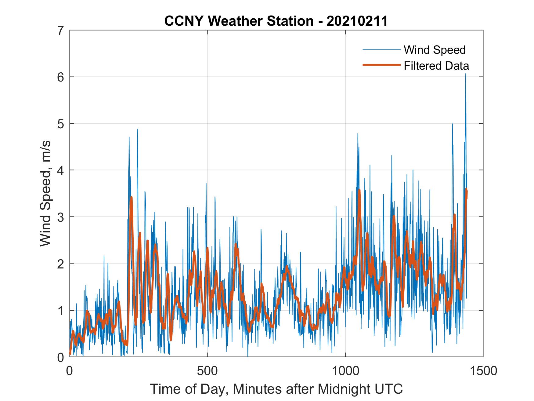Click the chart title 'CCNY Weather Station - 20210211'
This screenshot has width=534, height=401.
(x=276, y=21)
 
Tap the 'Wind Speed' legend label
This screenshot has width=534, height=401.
(x=435, y=50)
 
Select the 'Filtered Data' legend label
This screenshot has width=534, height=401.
(x=436, y=66)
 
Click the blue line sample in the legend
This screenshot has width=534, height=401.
(x=381, y=49)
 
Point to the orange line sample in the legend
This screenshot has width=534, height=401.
(x=381, y=65)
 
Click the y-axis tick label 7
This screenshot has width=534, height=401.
(x=61, y=31)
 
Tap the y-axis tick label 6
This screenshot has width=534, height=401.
(x=61, y=77)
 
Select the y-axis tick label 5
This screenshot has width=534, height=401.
(x=61, y=124)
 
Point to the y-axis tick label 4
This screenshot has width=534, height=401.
(x=61, y=170)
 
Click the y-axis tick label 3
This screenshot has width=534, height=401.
(x=61, y=217)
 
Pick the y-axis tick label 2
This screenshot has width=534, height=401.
(x=61, y=264)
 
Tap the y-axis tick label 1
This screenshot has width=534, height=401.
(x=61, y=310)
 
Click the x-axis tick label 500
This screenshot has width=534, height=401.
(x=207, y=371)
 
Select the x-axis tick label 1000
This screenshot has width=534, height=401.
(x=345, y=371)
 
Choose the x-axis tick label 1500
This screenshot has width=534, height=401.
(x=483, y=371)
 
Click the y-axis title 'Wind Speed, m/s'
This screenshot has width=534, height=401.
(x=45, y=194)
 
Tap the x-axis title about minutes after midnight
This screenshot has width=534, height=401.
(x=276, y=389)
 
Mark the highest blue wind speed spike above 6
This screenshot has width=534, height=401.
(x=465, y=74)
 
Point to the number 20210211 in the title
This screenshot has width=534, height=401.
(x=357, y=21)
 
